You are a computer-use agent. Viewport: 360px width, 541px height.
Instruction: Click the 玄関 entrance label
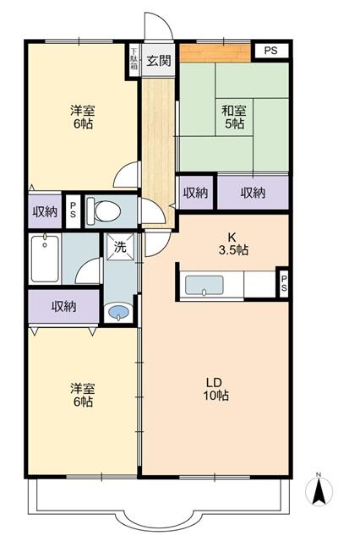(x=158, y=60)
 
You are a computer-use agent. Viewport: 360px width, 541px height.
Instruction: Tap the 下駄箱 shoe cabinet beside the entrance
(x=134, y=61)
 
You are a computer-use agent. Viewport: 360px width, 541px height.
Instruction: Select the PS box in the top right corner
(x=270, y=52)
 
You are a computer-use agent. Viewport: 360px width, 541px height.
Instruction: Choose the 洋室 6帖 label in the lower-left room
(x=81, y=394)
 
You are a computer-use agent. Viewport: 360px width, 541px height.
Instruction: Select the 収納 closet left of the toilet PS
(x=44, y=211)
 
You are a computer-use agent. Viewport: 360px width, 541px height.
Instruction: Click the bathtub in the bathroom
(x=43, y=260)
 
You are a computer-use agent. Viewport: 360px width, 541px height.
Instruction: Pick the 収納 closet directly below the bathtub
(x=63, y=306)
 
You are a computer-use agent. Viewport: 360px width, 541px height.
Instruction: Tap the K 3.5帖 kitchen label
(x=234, y=243)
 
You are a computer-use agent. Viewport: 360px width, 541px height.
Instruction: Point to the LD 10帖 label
(x=215, y=389)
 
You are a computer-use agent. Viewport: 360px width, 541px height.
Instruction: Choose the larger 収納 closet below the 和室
(x=253, y=193)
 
